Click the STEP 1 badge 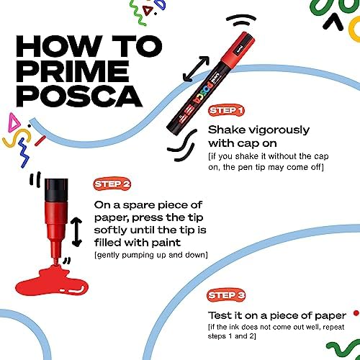point(226,111)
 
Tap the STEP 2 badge point(112,184)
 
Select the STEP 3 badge point(226,295)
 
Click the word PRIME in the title point(73,71)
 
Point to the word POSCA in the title point(79,96)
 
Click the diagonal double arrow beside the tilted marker point(196,69)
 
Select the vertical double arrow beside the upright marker point(77,232)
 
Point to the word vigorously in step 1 point(279,131)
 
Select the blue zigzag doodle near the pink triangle point(24,153)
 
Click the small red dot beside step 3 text point(356,313)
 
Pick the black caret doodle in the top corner point(333,22)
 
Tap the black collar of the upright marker point(56,190)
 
